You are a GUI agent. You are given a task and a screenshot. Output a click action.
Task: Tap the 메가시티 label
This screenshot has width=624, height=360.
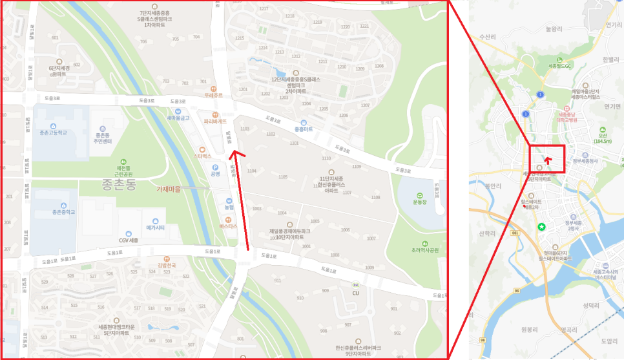(x=156, y=228)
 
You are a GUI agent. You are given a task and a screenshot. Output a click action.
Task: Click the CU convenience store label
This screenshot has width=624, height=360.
(x=355, y=293)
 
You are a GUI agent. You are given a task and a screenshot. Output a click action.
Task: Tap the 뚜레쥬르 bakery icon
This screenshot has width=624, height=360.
(x=214, y=87)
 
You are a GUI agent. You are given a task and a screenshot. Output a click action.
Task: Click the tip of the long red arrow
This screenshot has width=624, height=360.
(x=233, y=153)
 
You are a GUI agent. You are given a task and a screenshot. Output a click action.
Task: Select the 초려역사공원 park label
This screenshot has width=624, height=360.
(x=424, y=250)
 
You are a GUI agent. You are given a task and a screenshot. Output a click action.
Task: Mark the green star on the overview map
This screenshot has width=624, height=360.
(x=541, y=226)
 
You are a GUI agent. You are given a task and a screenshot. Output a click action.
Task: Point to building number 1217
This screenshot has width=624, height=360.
(x=264, y=9)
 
